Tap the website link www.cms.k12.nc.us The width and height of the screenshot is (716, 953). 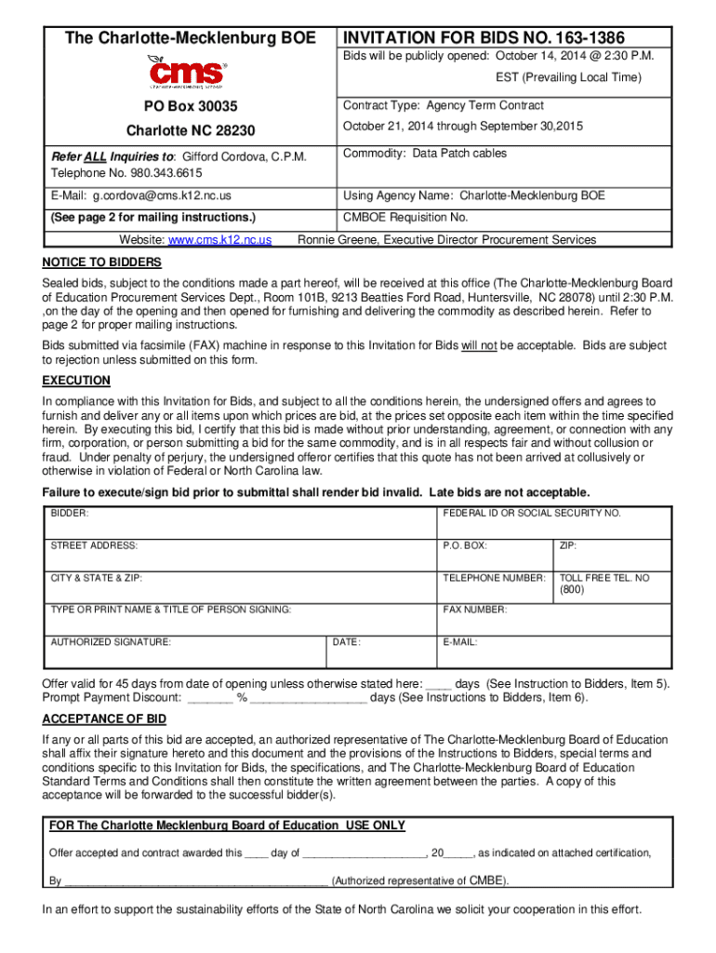(x=219, y=240)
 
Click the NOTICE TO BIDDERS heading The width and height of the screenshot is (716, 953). (x=102, y=262)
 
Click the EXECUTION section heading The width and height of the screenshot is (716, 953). (x=76, y=381)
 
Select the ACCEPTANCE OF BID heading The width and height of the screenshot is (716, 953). (x=104, y=719)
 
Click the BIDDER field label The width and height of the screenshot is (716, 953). (x=70, y=514)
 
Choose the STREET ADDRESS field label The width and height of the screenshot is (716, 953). (x=94, y=545)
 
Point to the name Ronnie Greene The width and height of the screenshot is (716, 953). (x=336, y=240)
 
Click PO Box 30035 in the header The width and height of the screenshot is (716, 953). (x=190, y=107)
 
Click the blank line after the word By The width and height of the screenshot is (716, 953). (x=195, y=880)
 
